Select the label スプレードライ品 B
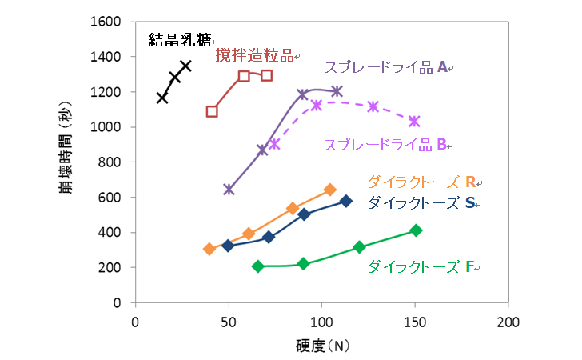385,145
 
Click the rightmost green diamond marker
416,230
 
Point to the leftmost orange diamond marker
209,249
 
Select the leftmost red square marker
212,111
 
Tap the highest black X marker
185,66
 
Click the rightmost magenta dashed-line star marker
414,122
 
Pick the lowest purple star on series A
229,190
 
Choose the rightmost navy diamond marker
346,201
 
